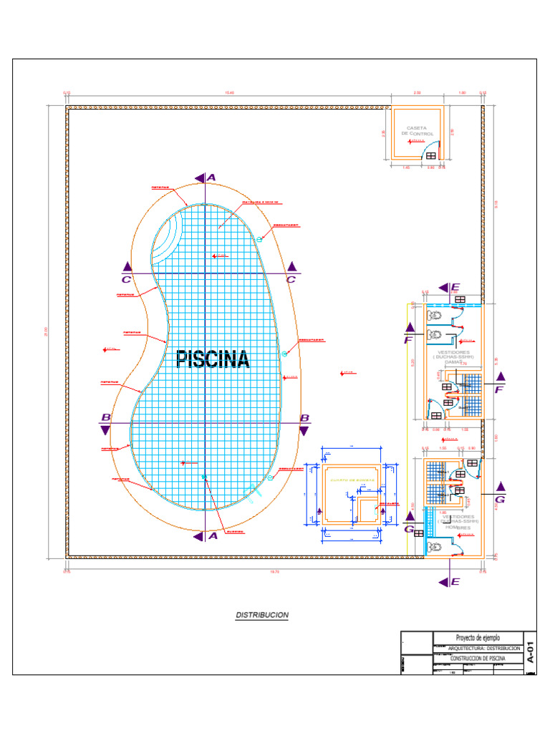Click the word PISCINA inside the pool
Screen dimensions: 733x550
[213, 359]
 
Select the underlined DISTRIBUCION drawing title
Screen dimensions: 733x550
[262, 615]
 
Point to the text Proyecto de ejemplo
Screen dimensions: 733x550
[478, 638]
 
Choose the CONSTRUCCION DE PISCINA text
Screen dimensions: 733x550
[478, 658]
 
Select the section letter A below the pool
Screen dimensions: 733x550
[212, 535]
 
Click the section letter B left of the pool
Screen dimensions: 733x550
[105, 417]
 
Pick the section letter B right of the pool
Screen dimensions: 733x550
[304, 418]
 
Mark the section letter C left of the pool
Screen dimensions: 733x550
[126, 280]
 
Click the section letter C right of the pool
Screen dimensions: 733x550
[291, 280]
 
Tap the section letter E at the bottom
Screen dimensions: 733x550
[455, 582]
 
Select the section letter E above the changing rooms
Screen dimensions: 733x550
[455, 288]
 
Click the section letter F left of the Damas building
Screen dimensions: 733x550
[409, 341]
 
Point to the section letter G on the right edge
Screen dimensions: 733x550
[500, 500]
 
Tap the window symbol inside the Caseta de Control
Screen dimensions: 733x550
[432, 155]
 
